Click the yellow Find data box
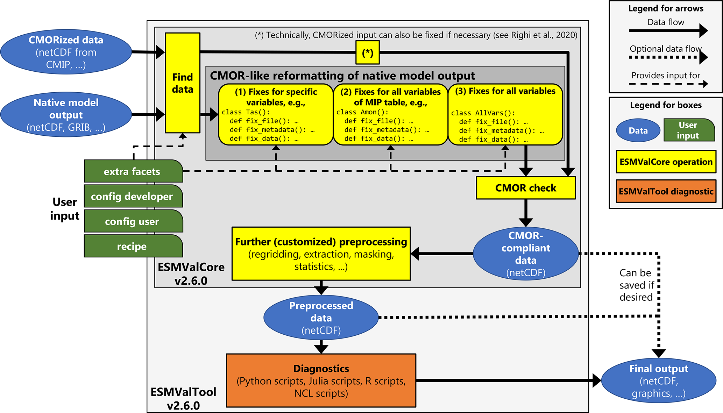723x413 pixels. coord(182,83)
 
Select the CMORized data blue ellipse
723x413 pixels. coord(66,52)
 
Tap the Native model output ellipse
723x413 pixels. coord(66,114)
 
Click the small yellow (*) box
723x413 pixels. coord(367,52)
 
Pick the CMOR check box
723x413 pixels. coord(525,188)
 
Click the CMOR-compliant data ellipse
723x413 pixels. coord(525,254)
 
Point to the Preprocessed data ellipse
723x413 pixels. coord(321,318)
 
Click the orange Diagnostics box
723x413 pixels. coord(321,380)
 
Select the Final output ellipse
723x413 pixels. coord(658,380)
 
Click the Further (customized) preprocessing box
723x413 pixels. coord(321,254)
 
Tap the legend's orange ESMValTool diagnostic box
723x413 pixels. coord(666,191)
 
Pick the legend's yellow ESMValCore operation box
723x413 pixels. coord(666,162)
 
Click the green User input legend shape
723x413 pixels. coord(688,130)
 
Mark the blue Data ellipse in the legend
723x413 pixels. coord(638,130)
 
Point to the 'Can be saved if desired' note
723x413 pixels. coord(636,285)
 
